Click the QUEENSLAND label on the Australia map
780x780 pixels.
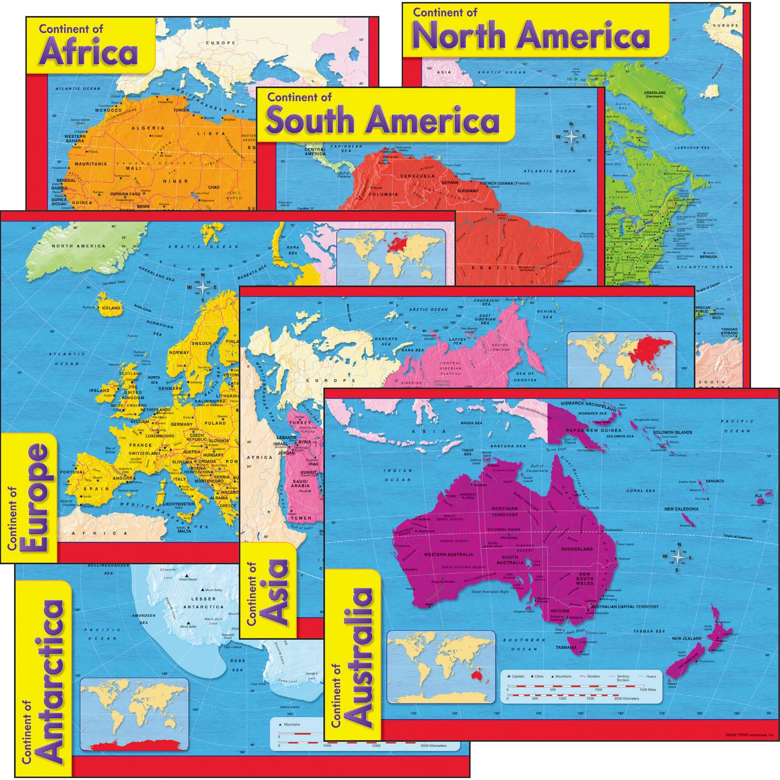tap(576, 549)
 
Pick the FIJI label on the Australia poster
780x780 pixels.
tap(759, 495)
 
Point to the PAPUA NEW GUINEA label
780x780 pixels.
tap(590, 431)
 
